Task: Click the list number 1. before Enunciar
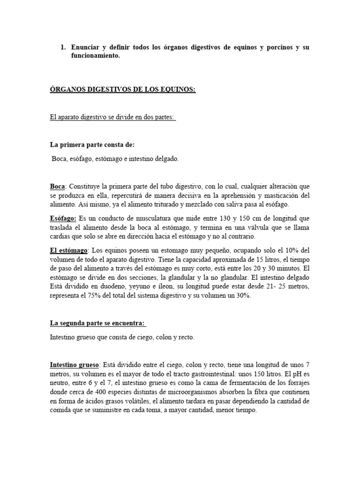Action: pyautogui.click(x=64, y=48)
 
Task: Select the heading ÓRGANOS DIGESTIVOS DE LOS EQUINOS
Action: pyautogui.click(x=122, y=90)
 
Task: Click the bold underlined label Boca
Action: pyautogui.click(x=57, y=187)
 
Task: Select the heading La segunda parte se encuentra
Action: pyautogui.click(x=98, y=322)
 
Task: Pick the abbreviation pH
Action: pyautogui.click(x=295, y=374)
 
